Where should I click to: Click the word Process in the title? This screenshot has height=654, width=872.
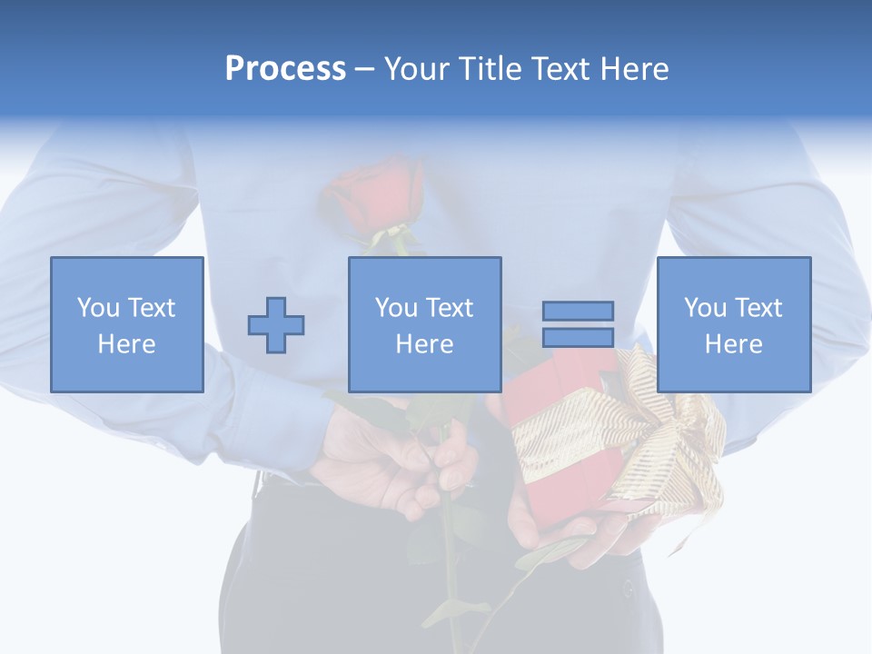coord(285,69)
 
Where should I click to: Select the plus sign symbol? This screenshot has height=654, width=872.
coord(276,325)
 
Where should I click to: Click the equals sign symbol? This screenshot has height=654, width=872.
coord(578,324)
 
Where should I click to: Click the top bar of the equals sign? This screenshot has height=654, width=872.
coord(578,311)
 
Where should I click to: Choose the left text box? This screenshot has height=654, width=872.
coord(127,324)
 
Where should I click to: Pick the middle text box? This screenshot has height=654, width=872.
coord(424,324)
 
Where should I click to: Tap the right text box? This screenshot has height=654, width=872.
coord(733,324)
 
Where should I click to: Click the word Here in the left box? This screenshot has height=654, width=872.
coord(127,344)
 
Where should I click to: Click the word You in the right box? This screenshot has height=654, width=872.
coord(705,308)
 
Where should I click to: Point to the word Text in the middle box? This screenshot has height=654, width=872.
coord(449,308)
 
